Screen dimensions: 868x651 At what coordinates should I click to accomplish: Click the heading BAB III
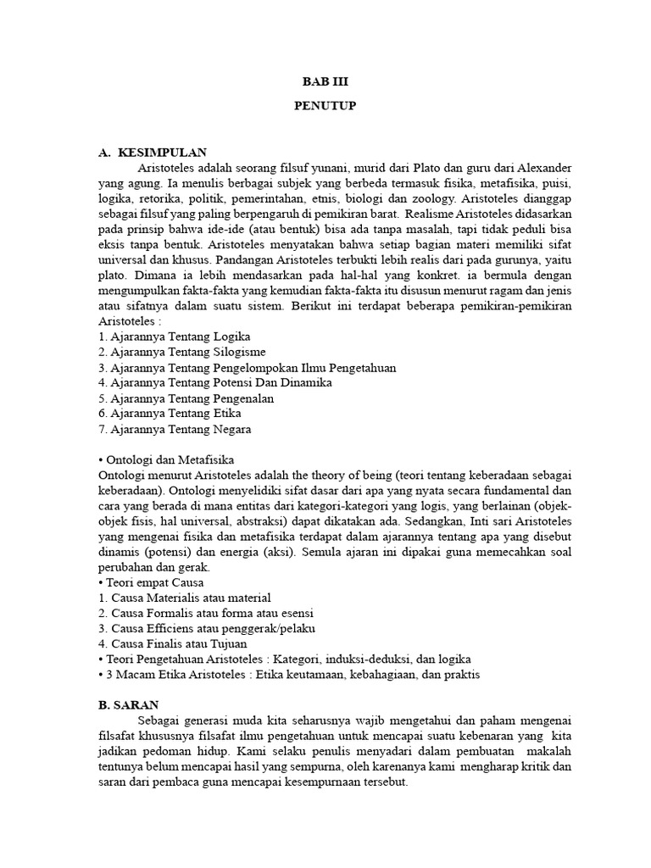pyautogui.click(x=325, y=82)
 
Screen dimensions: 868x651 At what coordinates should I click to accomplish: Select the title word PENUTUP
pyautogui.click(x=325, y=107)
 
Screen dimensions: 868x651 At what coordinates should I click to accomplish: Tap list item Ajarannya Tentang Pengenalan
pyautogui.click(x=186, y=398)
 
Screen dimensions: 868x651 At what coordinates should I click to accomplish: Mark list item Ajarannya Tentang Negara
pyautogui.click(x=175, y=428)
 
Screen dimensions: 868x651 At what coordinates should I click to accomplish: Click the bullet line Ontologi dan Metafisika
pyautogui.click(x=160, y=459)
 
